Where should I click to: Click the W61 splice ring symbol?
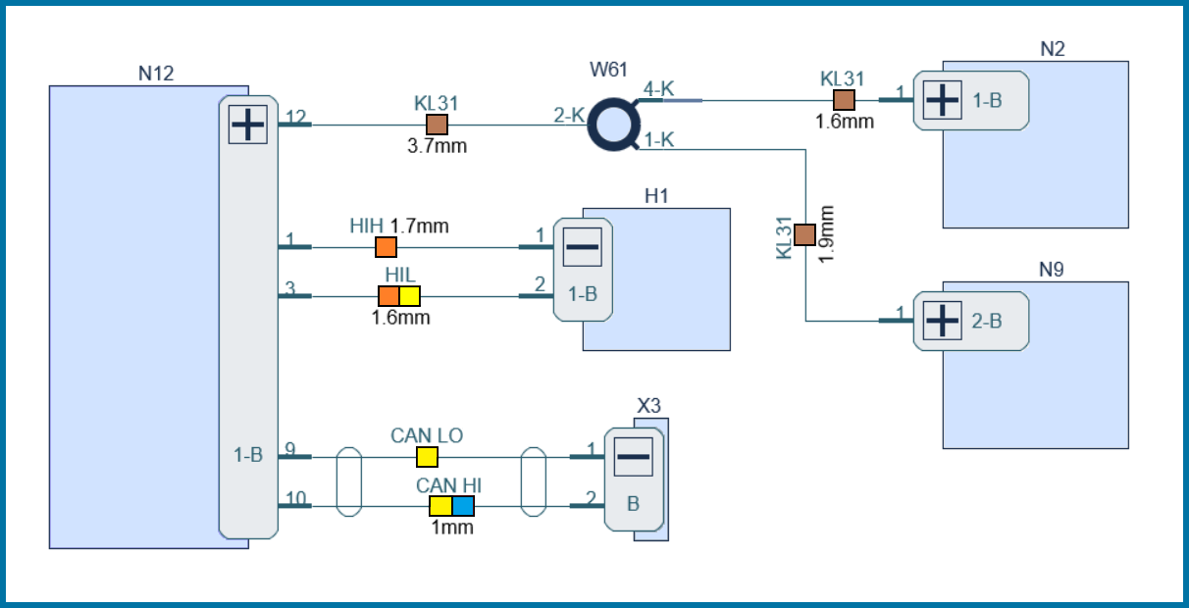coord(613,126)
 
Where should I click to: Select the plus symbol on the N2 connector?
coord(943,100)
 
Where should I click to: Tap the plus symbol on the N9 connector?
coord(943,321)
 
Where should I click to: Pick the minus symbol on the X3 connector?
coord(634,456)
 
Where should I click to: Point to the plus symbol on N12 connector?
coord(247,126)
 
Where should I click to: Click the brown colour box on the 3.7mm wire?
coord(437,125)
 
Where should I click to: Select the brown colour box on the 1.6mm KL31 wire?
coord(844,100)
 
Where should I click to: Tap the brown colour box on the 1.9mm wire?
coord(804,234)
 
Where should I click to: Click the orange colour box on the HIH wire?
coord(387,247)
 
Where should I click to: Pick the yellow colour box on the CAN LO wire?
coord(427,457)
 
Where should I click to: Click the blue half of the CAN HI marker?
coord(463,506)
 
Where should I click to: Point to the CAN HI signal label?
coord(448,485)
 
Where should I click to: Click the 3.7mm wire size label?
coord(437,147)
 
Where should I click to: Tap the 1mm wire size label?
coord(452,528)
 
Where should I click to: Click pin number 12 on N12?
coord(295,118)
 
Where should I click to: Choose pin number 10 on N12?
coord(294,499)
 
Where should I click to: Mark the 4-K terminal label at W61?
coord(658,89)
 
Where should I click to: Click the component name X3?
coord(649,405)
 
